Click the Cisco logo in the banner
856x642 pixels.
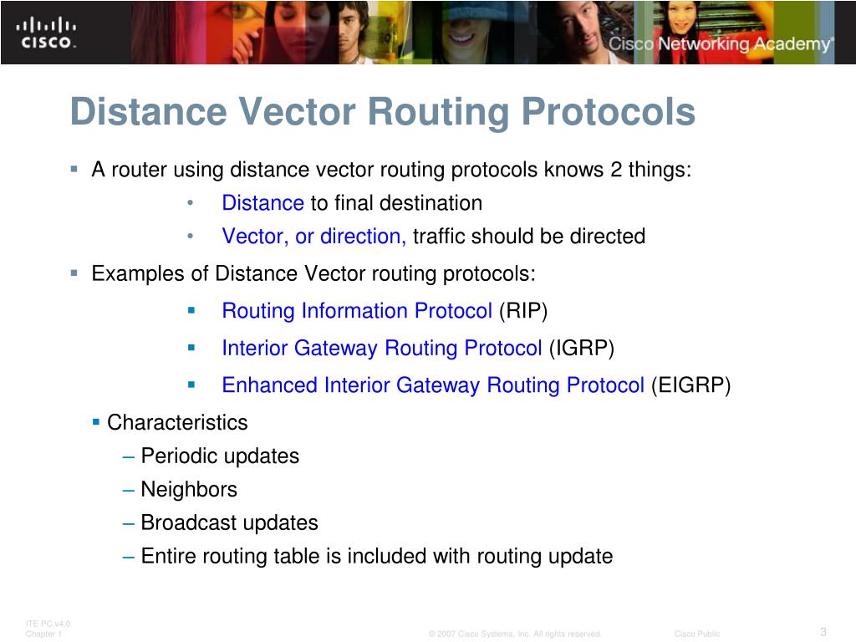45,33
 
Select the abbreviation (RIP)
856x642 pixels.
523,311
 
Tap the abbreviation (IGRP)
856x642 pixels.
581,348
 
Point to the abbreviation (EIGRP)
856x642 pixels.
690,385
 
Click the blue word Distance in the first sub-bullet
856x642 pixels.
262,203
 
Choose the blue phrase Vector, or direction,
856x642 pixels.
314,237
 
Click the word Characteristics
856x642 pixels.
177,422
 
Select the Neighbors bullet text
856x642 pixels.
189,489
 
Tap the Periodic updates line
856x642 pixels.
220,456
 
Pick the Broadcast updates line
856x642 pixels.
229,522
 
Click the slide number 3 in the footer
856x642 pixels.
823,631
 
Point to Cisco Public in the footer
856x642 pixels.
697,634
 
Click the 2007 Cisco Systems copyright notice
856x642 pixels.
515,634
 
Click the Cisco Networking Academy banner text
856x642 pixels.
721,44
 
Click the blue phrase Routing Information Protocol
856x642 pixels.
357,311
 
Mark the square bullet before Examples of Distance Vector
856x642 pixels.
74,273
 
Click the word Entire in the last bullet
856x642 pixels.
167,556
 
